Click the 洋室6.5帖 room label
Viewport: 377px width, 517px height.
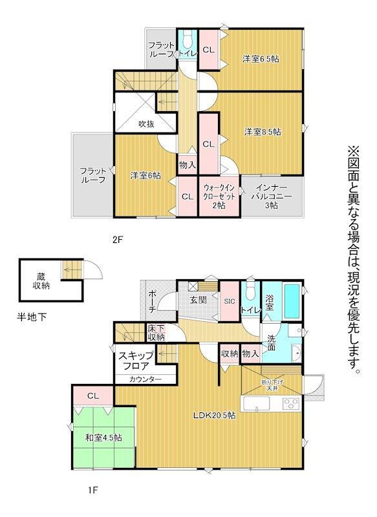261,59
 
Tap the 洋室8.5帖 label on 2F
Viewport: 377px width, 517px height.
263,132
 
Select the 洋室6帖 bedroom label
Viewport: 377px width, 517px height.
145,175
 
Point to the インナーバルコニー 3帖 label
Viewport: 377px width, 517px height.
272,196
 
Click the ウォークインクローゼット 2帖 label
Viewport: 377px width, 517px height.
219,196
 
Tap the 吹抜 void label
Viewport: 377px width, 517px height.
146,124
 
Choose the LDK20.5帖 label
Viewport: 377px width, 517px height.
215,416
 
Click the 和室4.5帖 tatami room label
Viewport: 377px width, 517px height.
103,438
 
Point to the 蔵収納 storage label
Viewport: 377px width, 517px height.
41,281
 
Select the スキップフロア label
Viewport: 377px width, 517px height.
136,361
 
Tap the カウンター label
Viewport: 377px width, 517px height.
145,379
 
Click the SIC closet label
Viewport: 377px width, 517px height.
229,301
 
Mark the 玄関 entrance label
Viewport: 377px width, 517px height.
199,300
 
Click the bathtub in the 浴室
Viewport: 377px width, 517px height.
292,301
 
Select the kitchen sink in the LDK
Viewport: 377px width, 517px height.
256,403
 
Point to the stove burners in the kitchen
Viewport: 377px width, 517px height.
291,403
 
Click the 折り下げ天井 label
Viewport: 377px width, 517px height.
272,385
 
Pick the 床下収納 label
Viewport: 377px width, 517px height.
156,333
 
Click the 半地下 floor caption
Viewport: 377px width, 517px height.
32,317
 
